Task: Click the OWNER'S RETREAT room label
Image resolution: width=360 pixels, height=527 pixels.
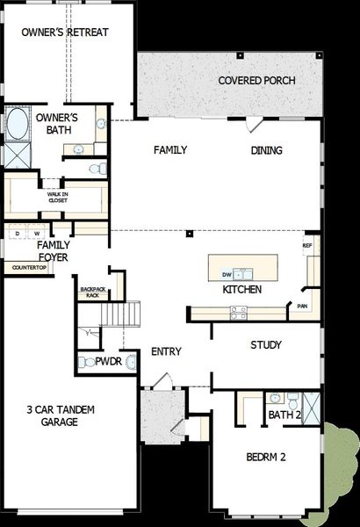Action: [65, 32]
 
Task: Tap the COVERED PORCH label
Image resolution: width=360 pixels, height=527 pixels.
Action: [256, 81]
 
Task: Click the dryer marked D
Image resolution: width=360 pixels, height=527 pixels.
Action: [17, 233]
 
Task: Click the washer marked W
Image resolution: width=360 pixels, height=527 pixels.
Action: [36, 233]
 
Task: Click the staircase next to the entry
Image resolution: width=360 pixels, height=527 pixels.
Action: [121, 314]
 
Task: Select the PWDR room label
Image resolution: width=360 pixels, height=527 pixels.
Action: [108, 361]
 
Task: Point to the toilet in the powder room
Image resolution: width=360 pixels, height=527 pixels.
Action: [131, 361]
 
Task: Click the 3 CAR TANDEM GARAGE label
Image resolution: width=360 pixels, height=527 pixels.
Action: [60, 415]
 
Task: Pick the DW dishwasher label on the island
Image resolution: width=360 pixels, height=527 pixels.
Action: [226, 274]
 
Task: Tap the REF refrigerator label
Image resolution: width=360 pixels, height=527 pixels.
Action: [308, 245]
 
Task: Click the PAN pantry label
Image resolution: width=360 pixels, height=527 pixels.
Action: [302, 307]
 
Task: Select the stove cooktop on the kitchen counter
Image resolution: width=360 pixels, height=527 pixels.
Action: [238, 310]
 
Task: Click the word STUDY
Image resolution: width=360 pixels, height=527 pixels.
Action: [265, 345]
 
